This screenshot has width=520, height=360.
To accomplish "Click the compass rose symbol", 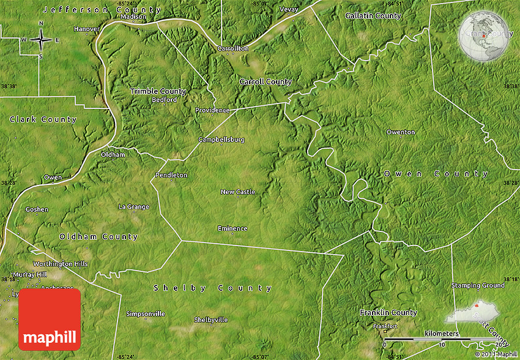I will pos(41,40).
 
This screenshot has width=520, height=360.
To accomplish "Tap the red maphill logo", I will pos(50,320).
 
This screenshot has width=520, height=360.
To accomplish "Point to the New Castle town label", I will pos(238,192).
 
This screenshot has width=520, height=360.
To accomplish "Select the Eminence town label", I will pos(232,228).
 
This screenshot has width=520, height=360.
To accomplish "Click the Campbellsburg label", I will pos(221,140).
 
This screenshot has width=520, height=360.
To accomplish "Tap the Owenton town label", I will pos(401,132).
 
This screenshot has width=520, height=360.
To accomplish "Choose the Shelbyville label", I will pos(211,320).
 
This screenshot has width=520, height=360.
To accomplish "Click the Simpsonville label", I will pos(146,314).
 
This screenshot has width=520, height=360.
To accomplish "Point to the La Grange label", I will pos(134,206).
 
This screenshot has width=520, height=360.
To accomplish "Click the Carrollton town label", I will pos(234,48).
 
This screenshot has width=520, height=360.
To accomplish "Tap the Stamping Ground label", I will pos(478,285).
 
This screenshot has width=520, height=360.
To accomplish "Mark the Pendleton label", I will pos(171,175).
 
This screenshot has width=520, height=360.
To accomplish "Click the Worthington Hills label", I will pos(61,264).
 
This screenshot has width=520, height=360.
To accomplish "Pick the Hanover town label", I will pos(86,29).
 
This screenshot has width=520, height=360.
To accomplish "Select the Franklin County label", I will pos(388,313).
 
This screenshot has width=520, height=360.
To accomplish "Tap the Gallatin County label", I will pos(373,15).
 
